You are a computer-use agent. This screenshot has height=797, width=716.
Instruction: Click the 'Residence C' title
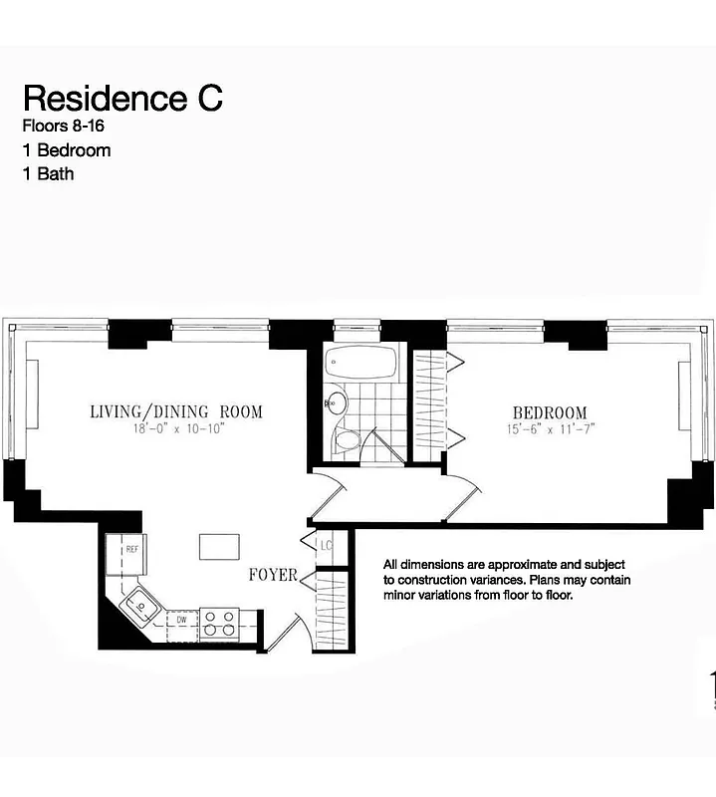pyautogui.click(x=122, y=98)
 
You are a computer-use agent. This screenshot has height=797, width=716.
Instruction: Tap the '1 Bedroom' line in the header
pyautogui.click(x=66, y=150)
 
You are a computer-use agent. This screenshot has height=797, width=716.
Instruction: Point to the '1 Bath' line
pyautogui.click(x=48, y=173)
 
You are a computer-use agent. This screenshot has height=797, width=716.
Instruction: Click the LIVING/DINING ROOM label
pyautogui.click(x=176, y=411)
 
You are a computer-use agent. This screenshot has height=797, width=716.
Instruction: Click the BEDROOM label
pyautogui.click(x=550, y=412)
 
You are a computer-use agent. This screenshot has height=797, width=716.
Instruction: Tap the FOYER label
pyautogui.click(x=273, y=575)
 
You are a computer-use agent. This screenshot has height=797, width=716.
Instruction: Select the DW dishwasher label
pyautogui.click(x=181, y=620)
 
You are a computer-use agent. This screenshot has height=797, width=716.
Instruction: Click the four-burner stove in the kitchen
pyautogui.click(x=218, y=624)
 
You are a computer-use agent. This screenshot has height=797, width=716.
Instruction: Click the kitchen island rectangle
pyautogui.click(x=219, y=547)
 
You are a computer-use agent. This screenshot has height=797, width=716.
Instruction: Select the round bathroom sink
pyautogui.click(x=336, y=403)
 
